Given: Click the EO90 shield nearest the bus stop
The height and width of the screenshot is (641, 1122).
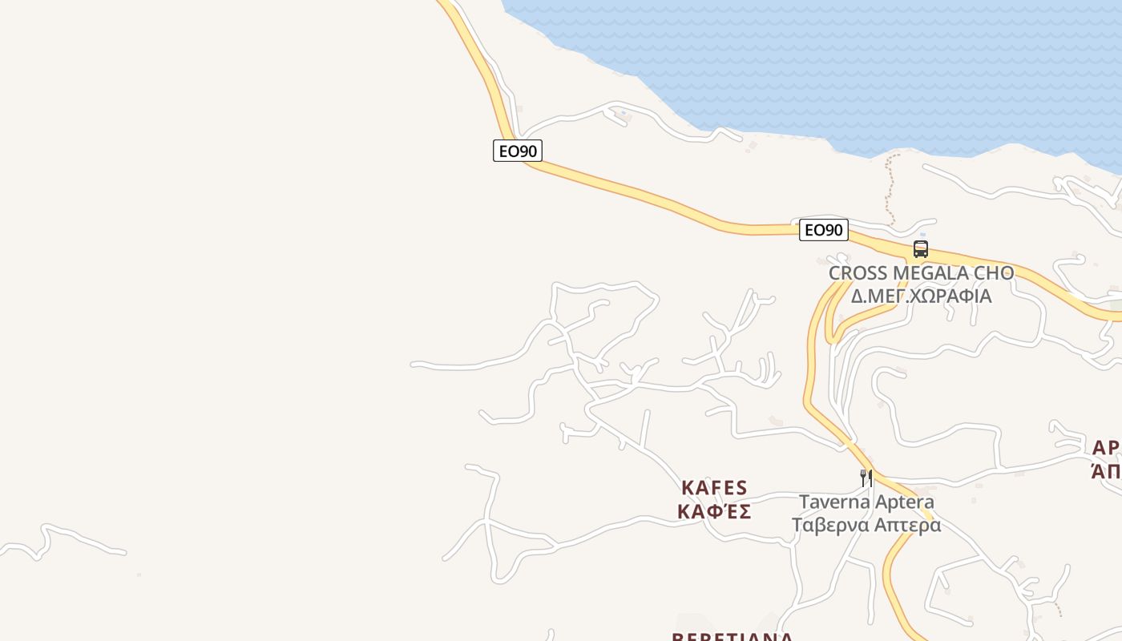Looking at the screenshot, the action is pyautogui.click(x=823, y=230).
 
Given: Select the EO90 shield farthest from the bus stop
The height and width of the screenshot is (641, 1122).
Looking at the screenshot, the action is pyautogui.click(x=517, y=150).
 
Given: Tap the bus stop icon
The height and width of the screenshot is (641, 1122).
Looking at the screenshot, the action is pyautogui.click(x=921, y=249).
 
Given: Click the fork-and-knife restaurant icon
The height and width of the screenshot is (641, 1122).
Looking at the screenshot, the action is pyautogui.click(x=866, y=478).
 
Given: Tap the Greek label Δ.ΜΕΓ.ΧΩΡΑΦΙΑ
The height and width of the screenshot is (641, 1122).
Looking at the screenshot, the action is pyautogui.click(x=921, y=296).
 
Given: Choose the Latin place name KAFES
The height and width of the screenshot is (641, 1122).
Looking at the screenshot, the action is pyautogui.click(x=714, y=488).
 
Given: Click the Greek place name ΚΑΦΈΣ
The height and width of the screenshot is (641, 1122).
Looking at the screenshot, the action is pyautogui.click(x=714, y=511).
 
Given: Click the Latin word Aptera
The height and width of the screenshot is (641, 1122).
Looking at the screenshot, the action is pyautogui.click(x=905, y=502).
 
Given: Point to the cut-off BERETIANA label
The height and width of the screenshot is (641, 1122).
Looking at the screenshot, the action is pyautogui.click(x=732, y=637).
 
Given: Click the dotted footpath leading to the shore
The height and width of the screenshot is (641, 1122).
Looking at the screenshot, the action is pyautogui.click(x=888, y=188).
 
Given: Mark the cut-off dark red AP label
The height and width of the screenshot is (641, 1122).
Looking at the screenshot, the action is pyautogui.click(x=1107, y=447).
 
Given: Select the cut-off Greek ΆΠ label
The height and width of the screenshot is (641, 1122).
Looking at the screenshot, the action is pyautogui.click(x=1107, y=471).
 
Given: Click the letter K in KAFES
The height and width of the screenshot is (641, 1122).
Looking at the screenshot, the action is pyautogui.click(x=688, y=488).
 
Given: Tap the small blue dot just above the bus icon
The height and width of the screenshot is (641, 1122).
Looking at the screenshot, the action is pyautogui.click(x=922, y=235).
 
